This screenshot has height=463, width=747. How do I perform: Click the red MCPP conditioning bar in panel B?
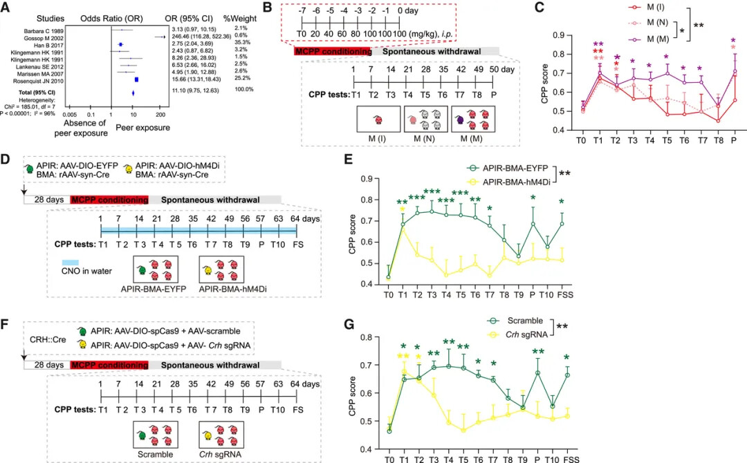pos(332,52)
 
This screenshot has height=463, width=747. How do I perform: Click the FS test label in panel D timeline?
pos(297,245)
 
